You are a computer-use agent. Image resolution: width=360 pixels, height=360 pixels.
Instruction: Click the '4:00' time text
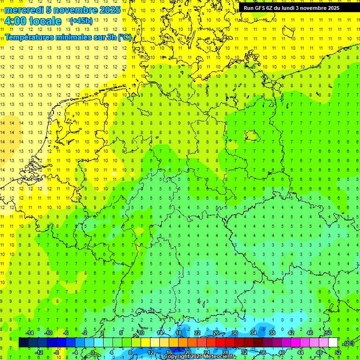click(15, 21)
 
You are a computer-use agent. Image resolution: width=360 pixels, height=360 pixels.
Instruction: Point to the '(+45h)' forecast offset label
click(81, 21)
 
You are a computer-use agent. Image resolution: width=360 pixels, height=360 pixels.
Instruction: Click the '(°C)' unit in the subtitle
click(125, 37)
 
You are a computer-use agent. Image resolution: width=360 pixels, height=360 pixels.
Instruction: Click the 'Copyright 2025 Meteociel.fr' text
click(200, 357)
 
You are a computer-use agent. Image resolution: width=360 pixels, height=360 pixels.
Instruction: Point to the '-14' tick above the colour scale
click(29, 333)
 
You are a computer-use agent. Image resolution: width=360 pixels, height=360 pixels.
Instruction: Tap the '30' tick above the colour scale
click(234, 333)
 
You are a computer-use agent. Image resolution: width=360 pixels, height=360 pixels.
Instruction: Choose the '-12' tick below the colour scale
click(39, 352)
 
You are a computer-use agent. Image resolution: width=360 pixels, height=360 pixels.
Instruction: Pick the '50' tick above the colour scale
click(328, 333)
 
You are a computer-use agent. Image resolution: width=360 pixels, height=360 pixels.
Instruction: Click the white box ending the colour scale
click(333, 343)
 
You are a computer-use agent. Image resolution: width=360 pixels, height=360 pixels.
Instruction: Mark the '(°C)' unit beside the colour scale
click(348, 343)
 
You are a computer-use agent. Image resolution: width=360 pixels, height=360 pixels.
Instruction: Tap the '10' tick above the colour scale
click(141, 333)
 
